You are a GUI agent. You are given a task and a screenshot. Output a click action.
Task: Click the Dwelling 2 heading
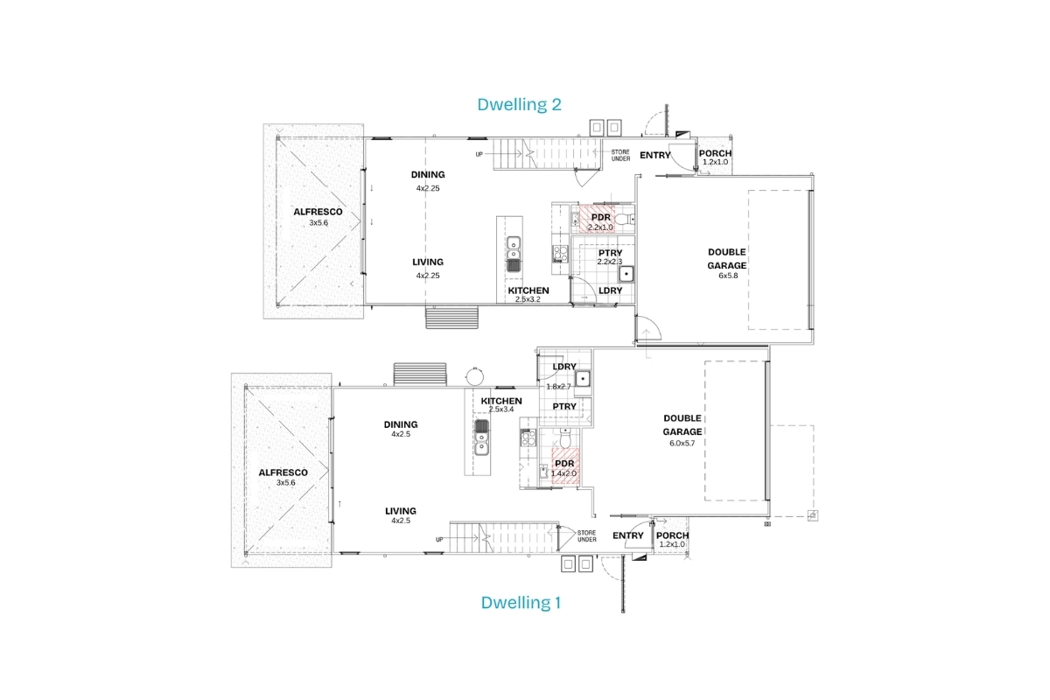pos(519,104)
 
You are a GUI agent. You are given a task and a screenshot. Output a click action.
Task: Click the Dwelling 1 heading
pos(521,603)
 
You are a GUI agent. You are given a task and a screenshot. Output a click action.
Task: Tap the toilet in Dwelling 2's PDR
pos(624,219)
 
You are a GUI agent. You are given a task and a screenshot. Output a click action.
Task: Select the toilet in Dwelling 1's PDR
pos(565,439)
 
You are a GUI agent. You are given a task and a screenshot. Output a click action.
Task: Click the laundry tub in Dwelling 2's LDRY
pos(626,274)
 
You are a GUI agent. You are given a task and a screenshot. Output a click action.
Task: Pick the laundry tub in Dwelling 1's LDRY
pos(583,378)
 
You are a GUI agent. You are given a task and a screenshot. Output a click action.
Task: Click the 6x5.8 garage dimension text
pos(728,276)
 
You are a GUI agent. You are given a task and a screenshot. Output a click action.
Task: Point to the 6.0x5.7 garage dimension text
pos(682,443)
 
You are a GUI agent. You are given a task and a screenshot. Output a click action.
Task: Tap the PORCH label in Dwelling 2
pos(715,153)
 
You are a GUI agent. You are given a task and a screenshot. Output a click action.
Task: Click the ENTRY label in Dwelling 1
pos(627,535)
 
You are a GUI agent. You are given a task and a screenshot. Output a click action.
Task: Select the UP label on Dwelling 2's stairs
pos(479,154)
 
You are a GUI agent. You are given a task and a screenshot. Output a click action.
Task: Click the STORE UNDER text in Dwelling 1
pos(587,535)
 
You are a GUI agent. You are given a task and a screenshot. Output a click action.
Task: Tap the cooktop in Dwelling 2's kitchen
pos(561,254)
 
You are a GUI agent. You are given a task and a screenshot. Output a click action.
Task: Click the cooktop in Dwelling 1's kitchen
pos(528,437)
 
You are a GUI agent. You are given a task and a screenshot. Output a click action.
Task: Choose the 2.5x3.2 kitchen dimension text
pos(528,299)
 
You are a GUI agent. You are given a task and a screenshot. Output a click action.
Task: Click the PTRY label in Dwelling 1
pos(564,407)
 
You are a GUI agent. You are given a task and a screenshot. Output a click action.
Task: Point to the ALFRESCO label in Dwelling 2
pos(318,212)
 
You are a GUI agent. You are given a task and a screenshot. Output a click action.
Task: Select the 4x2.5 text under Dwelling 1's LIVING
pos(401,521)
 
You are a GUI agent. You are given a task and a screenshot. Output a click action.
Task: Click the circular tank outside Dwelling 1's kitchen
pos(474,376)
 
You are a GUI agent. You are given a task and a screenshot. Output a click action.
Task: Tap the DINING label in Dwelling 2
pos(428,175)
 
